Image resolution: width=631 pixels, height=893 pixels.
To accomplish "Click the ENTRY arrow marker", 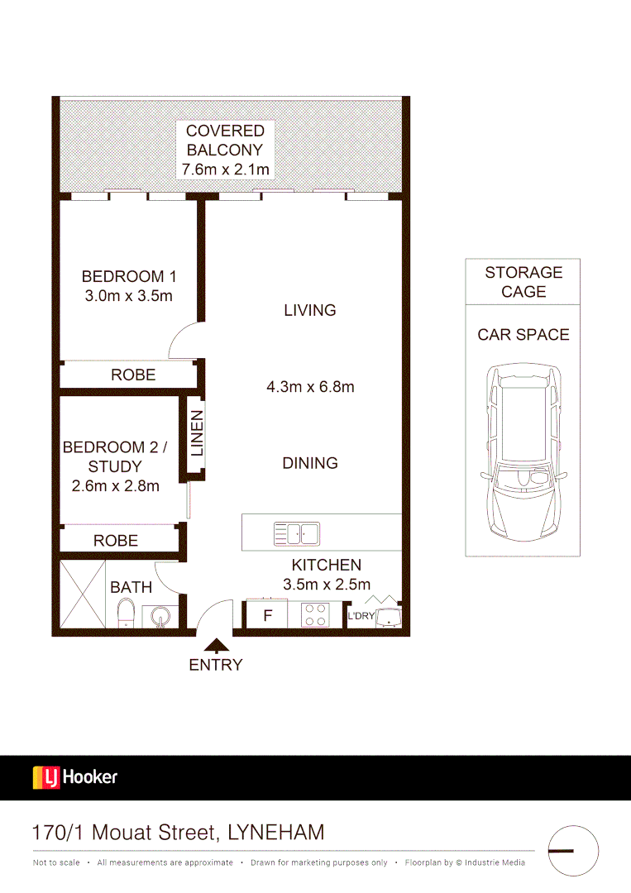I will pyautogui.click(x=217, y=645).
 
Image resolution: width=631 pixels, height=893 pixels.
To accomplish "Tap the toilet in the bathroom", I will pyautogui.click(x=126, y=614).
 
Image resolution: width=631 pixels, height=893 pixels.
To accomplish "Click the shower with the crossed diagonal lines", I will pyautogui.click(x=83, y=595).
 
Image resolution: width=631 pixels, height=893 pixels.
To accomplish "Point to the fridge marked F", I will pyautogui.click(x=267, y=615).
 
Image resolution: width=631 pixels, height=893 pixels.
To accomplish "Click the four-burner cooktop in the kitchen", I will pyautogui.click(x=315, y=614).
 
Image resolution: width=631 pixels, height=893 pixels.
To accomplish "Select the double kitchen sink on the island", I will pyautogui.click(x=297, y=534).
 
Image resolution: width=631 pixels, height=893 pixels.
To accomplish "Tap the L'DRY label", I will pyautogui.click(x=361, y=616).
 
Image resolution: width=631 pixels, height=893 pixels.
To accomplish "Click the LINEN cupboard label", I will pyautogui.click(x=196, y=434).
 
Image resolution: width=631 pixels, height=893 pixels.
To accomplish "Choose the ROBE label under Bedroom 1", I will pyautogui.click(x=133, y=375).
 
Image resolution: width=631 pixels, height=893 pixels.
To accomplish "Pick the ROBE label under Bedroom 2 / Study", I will pyautogui.click(x=116, y=540).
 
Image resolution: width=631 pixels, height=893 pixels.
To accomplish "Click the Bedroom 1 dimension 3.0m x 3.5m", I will pyautogui.click(x=128, y=296).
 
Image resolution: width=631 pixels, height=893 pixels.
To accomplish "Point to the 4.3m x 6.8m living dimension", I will pyautogui.click(x=310, y=386).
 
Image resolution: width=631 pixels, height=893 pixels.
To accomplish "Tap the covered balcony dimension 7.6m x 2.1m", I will pyautogui.click(x=225, y=170).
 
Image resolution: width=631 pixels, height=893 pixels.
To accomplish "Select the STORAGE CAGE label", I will pyautogui.click(x=523, y=282).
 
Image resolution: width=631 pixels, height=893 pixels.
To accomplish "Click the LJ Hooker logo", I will pyautogui.click(x=74, y=777).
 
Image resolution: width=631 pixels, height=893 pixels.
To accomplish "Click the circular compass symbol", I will pyautogui.click(x=573, y=850).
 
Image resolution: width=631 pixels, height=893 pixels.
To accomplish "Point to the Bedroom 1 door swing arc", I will pyautogui.click(x=182, y=341).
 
